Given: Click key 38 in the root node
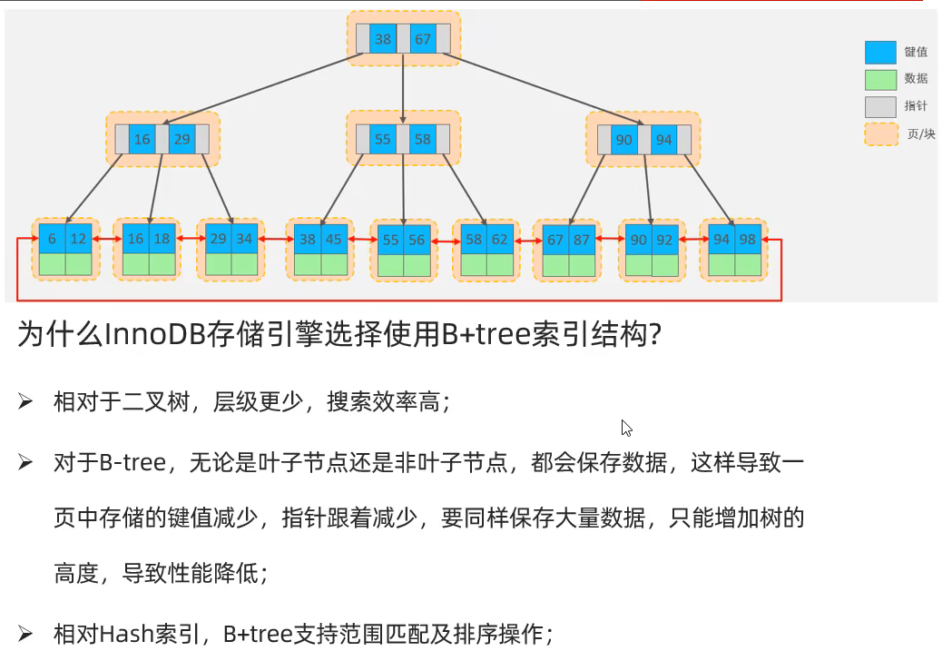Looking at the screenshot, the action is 382,39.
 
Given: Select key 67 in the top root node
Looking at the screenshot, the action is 423,39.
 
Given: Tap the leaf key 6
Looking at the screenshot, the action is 53,239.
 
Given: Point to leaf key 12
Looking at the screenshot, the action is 78,239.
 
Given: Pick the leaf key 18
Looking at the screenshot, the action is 162,239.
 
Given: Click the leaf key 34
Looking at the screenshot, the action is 244,239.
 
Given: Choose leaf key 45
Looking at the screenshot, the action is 333,240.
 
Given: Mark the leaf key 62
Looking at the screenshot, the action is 500,240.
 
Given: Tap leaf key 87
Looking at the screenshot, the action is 582,240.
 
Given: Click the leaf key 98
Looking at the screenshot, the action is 748,240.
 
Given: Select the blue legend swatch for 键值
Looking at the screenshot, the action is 880,53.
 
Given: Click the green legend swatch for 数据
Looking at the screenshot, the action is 880,80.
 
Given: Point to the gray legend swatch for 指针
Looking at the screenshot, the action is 880,107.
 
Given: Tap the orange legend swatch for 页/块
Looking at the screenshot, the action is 881,134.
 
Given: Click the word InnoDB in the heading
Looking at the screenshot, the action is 155,333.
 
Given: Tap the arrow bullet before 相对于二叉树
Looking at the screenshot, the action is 25,401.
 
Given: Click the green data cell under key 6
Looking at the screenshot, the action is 53,264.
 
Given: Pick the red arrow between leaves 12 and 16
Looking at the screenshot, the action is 107,239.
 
